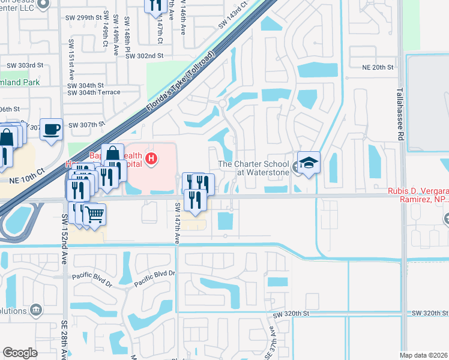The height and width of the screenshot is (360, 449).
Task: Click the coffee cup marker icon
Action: [52, 128]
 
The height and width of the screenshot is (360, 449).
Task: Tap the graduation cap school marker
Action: [309, 163]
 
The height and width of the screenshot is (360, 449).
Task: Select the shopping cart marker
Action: [94, 214]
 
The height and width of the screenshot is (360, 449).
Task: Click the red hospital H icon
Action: [152, 158]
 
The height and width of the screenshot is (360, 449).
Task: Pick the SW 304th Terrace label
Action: [94, 92]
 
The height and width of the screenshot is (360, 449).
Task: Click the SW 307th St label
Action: [86, 125]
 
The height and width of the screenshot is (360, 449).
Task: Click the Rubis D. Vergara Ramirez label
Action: [418, 196]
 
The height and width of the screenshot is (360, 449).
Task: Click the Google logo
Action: [20, 352]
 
